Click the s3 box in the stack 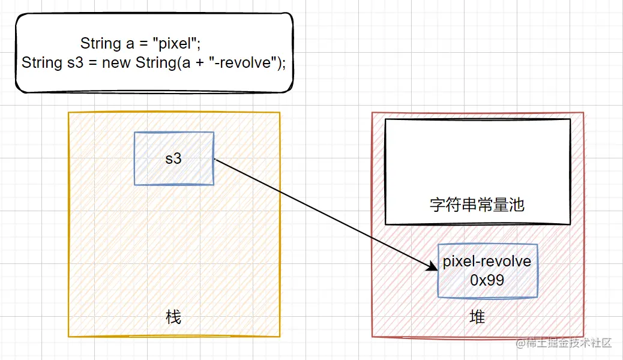[174, 158]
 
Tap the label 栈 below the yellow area [173, 316]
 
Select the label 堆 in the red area [477, 316]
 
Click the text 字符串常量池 [477, 205]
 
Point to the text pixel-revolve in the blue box [487, 262]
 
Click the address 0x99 [487, 279]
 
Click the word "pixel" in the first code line [175, 43]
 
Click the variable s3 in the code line [76, 62]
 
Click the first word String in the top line [101, 43]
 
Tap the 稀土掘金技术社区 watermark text [569, 343]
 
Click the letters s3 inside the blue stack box [173, 159]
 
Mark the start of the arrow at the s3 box [215, 160]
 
